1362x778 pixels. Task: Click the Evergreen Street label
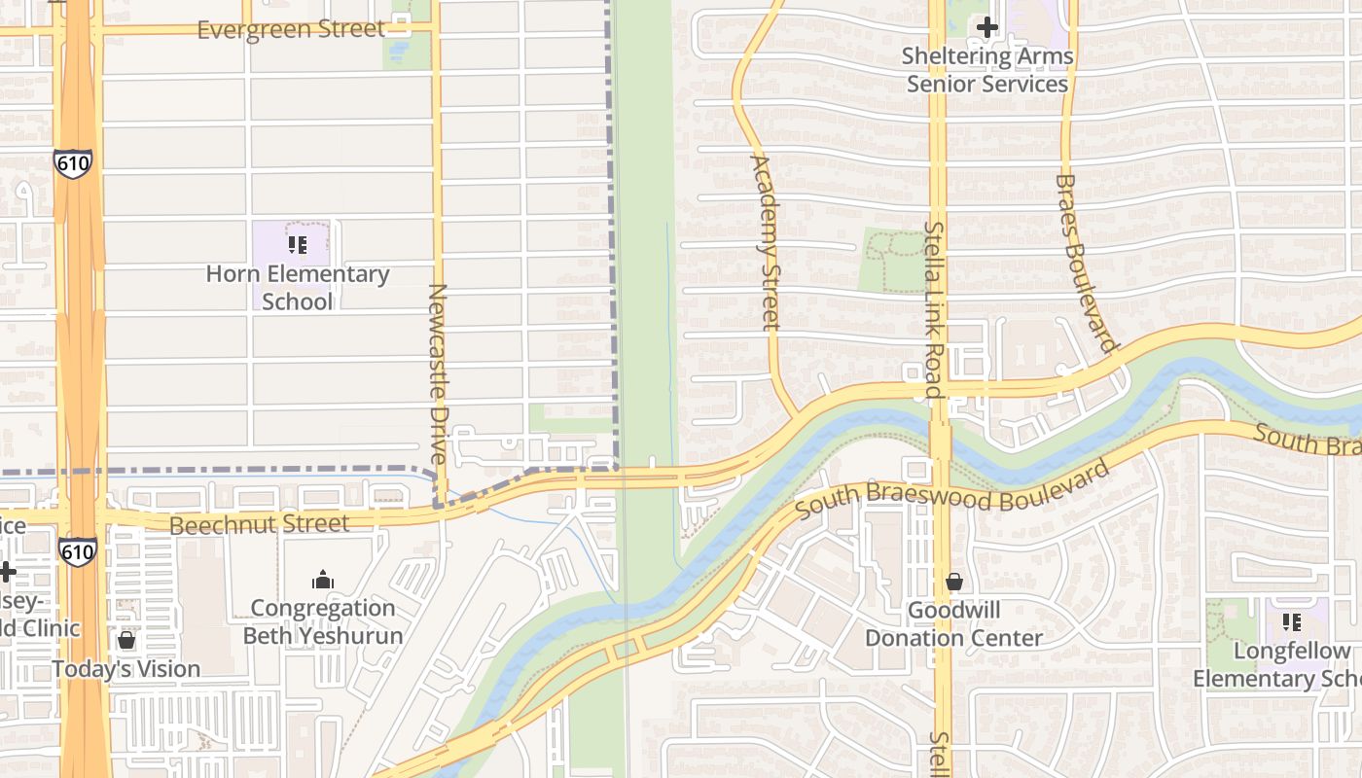click(291, 30)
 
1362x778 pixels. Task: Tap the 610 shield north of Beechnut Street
click(74, 163)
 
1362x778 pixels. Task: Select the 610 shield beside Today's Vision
click(77, 552)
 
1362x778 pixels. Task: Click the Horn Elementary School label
click(297, 288)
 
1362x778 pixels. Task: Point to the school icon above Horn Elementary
click(298, 245)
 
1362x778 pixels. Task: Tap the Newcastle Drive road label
click(438, 373)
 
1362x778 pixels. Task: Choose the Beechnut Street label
click(259, 525)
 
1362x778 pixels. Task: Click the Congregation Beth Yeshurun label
click(323, 622)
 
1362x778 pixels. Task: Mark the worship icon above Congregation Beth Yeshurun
click(323, 581)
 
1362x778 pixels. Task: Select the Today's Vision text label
click(126, 669)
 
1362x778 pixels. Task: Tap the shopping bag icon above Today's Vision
click(126, 640)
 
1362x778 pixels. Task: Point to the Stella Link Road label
click(934, 309)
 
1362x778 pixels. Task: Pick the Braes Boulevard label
click(1084, 263)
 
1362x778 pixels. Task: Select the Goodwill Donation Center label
click(953, 624)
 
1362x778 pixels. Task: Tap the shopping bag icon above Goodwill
click(954, 582)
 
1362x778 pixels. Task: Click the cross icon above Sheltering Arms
click(987, 27)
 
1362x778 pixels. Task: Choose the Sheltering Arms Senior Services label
click(987, 70)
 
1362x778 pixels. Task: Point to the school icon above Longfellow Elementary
click(1292, 621)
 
